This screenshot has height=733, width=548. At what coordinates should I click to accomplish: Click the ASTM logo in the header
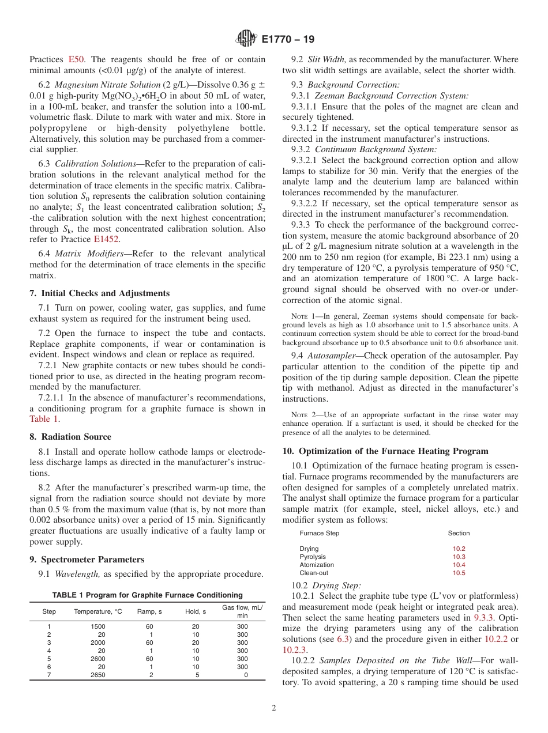pyautogui.click(x=246, y=40)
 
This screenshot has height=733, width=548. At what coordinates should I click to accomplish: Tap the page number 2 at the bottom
pyautogui.click(x=274, y=708)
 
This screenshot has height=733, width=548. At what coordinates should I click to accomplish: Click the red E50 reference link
pyautogui.click(x=77, y=59)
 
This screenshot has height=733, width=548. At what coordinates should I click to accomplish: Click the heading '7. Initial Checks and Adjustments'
pyautogui.click(x=99, y=293)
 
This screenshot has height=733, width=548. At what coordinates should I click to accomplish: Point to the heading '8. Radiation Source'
pyautogui.click(x=70, y=437)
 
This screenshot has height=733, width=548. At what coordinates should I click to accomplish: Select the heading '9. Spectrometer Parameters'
pyautogui.click(x=87, y=560)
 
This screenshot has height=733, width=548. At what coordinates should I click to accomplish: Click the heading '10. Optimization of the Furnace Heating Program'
pyautogui.click(x=385, y=451)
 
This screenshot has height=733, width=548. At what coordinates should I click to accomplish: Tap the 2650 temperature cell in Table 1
pyautogui.click(x=98, y=675)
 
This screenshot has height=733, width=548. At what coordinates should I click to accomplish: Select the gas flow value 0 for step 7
pyautogui.click(x=246, y=675)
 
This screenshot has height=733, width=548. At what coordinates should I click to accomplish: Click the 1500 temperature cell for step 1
pyautogui.click(x=98, y=626)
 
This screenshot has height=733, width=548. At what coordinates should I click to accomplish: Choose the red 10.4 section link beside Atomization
pyautogui.click(x=459, y=565)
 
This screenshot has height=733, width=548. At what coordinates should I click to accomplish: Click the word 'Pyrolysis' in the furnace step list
pyautogui.click(x=313, y=557)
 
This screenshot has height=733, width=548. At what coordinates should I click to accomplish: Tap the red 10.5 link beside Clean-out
pyautogui.click(x=459, y=573)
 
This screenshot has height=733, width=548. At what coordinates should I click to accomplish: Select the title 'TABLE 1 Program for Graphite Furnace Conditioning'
pyautogui.click(x=148, y=595)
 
